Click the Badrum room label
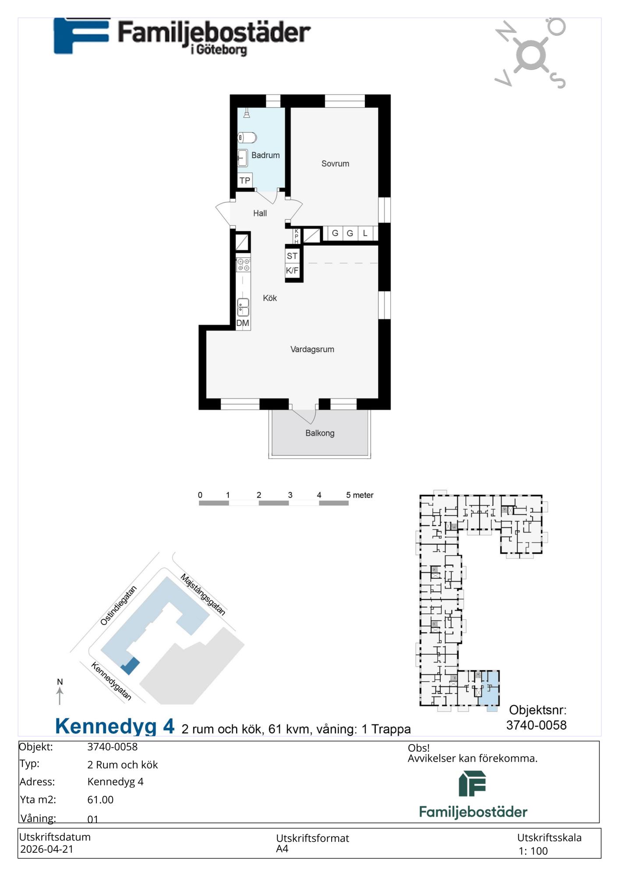click(x=265, y=155)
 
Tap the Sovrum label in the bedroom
click(x=335, y=164)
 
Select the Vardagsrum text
click(x=312, y=350)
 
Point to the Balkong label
click(x=320, y=433)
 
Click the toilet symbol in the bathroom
click(x=247, y=138)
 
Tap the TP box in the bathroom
click(x=245, y=180)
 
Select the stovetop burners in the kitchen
click(x=244, y=265)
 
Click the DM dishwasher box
click(x=243, y=323)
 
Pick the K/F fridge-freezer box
click(x=292, y=271)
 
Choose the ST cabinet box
click(x=292, y=256)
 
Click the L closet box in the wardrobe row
click(x=365, y=233)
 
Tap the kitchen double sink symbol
click(x=243, y=307)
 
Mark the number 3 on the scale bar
click(x=290, y=495)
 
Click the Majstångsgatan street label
click(x=203, y=594)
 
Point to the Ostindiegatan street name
click(x=119, y=605)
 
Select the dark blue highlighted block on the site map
click(x=130, y=666)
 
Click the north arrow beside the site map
click(x=60, y=696)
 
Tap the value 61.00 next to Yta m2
click(x=100, y=800)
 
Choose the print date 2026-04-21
click(x=47, y=849)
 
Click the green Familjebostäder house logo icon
click(x=472, y=784)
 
